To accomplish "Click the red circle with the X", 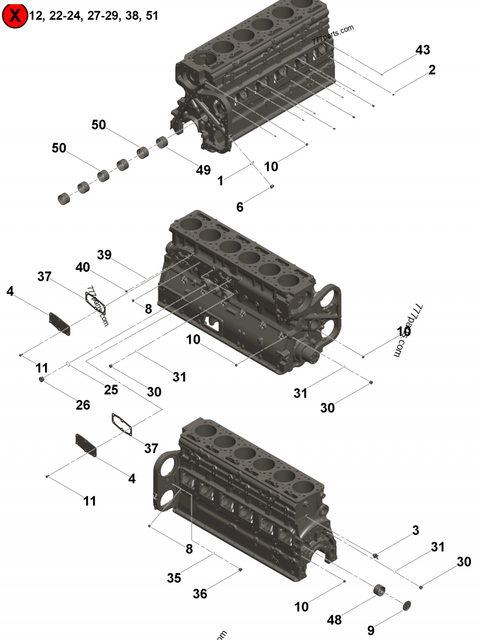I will coord(14,16).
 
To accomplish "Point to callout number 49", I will coord(203,170).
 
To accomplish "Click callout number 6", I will coord(240,207).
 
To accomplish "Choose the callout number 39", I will coord(104,255).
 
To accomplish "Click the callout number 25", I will coord(111,389).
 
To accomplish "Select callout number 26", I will coord(83,405).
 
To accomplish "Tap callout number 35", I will coord(174,578).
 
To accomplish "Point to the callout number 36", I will coord(200,594).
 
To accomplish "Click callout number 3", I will coord(415,530).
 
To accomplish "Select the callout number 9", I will coord(371,630).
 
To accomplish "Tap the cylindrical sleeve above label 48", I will coord(379,591).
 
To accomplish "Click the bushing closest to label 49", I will coord(162,143).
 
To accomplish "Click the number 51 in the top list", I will coord(152,16).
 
